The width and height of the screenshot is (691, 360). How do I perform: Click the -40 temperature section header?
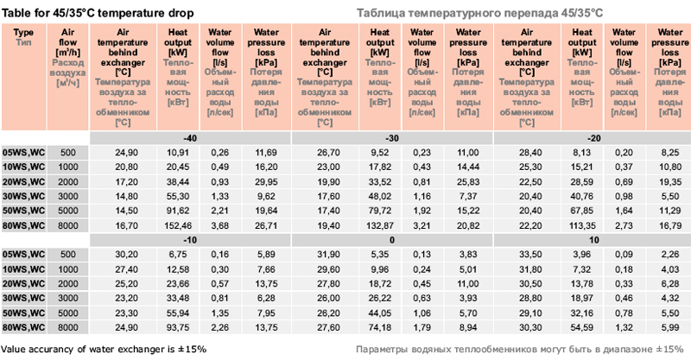click(190, 138)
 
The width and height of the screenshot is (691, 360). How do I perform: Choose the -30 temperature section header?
click(391, 138)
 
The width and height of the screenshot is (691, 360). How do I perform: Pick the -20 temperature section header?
click(593, 138)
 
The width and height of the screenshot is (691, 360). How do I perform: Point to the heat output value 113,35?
click(583, 224)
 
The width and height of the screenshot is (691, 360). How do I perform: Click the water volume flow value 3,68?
click(220, 224)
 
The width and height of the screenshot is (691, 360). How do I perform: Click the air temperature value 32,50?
click(529, 255)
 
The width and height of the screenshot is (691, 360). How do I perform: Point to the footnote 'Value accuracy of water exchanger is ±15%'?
click(104, 349)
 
